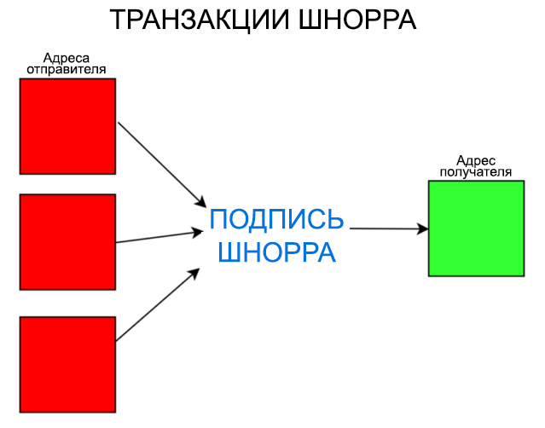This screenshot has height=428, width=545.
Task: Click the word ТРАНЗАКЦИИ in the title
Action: click(199, 20)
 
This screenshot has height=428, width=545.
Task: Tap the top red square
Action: click(67, 126)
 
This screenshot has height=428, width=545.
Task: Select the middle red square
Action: click(67, 242)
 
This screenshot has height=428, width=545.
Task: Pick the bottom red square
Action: click(67, 364)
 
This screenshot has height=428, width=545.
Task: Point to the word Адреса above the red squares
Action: click(67, 59)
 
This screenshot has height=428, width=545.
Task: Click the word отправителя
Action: click(67, 70)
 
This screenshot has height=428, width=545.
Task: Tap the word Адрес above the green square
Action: click(476, 160)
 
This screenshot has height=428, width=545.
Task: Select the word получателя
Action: click(476, 171)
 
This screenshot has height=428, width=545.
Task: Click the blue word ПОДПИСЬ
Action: click(276, 220)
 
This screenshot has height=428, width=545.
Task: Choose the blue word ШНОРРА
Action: click(276, 253)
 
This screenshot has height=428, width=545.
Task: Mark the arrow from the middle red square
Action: click(158, 236)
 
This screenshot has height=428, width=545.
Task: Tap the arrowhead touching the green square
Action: click(423, 228)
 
